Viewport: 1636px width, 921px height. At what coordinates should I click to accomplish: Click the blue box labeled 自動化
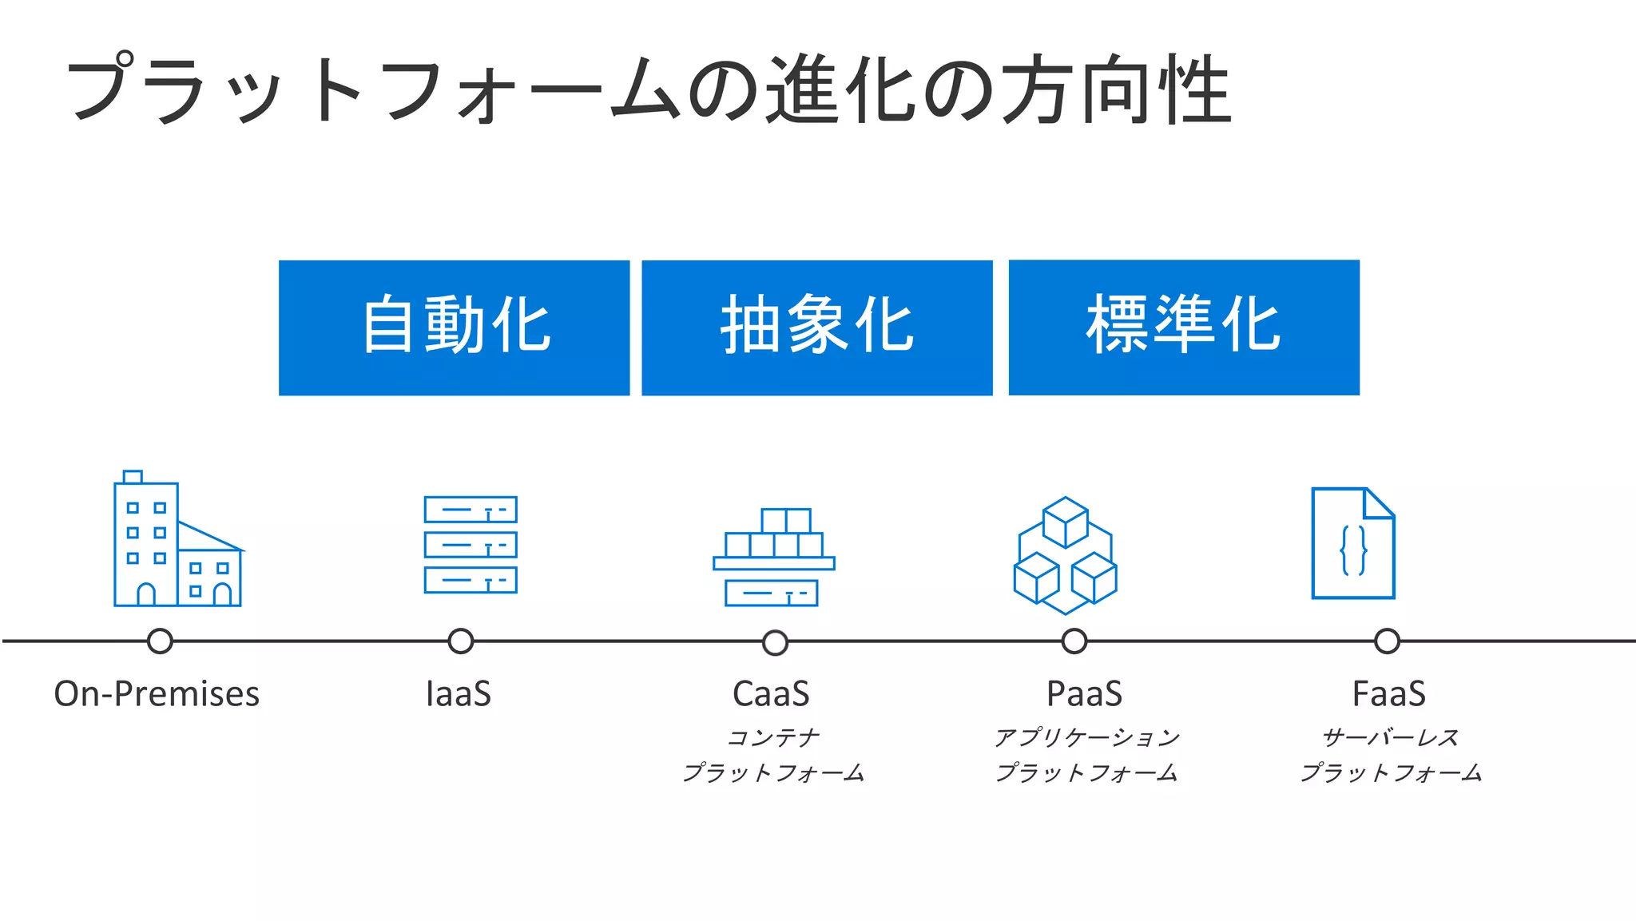pyautogui.click(x=454, y=328)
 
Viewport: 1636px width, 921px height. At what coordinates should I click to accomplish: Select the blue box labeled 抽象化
pyautogui.click(x=816, y=328)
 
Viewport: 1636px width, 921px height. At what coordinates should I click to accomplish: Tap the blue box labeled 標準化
pyautogui.click(x=1184, y=328)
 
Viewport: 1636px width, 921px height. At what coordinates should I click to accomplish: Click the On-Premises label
pyautogui.click(x=157, y=693)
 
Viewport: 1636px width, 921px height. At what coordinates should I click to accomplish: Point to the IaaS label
pyautogui.click(x=459, y=693)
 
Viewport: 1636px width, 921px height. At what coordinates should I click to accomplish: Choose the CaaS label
pyautogui.click(x=771, y=693)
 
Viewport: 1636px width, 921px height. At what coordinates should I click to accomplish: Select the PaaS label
pyautogui.click(x=1084, y=693)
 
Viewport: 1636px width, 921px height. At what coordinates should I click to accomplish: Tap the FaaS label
pyautogui.click(x=1388, y=693)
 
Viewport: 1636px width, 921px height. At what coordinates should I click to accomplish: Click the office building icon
pyautogui.click(x=177, y=540)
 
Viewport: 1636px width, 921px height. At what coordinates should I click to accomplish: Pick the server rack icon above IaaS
pyautogui.click(x=471, y=545)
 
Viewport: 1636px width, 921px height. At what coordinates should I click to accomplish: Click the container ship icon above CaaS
pyautogui.click(x=773, y=558)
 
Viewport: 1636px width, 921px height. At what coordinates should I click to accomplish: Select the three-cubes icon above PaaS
pyautogui.click(x=1066, y=556)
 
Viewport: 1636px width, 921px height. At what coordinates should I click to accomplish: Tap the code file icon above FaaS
pyautogui.click(x=1353, y=543)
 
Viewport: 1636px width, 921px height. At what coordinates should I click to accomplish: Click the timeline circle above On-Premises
pyautogui.click(x=160, y=641)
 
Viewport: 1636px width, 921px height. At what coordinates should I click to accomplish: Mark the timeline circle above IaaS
pyautogui.click(x=460, y=641)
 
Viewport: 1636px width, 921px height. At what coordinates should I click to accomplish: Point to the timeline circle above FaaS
pyautogui.click(x=1387, y=641)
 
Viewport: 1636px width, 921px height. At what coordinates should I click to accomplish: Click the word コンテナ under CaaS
pyautogui.click(x=773, y=737)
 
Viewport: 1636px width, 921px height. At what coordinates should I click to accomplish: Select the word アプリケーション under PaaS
pyautogui.click(x=1086, y=737)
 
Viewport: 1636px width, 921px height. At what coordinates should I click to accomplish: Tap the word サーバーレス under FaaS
pyautogui.click(x=1390, y=737)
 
